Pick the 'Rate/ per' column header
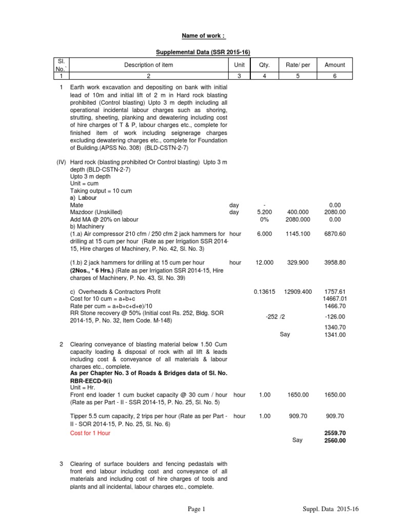(297, 65)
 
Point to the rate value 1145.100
(298, 233)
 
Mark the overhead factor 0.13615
(264, 291)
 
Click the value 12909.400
(298, 291)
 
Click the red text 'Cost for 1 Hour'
(90, 433)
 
